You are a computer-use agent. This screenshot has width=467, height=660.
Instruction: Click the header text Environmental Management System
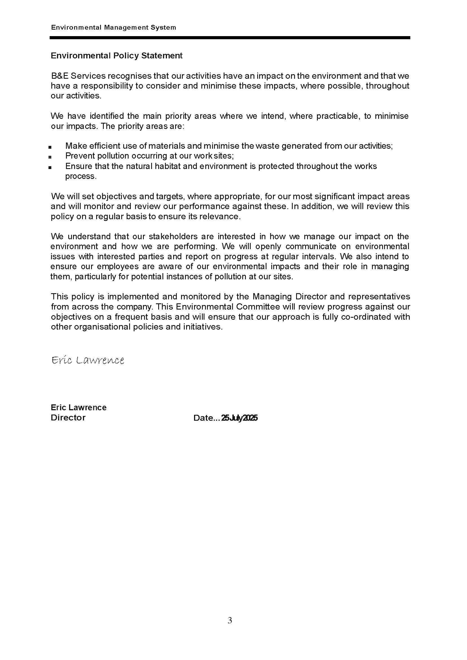(x=113, y=28)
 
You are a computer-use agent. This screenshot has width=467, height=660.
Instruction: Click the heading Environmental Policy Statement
(x=116, y=56)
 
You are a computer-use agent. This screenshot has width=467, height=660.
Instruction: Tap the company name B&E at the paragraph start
(x=60, y=76)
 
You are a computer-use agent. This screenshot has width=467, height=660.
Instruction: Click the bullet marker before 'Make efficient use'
(x=50, y=147)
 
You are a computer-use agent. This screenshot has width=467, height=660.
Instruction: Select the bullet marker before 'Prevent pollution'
(x=50, y=157)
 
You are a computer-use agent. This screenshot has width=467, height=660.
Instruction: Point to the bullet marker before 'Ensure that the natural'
(x=50, y=167)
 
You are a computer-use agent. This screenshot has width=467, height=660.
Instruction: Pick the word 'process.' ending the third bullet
(x=81, y=176)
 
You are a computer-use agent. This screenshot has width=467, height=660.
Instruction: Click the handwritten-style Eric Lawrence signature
(x=88, y=360)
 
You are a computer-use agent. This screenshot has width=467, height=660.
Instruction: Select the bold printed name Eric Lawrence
(x=78, y=407)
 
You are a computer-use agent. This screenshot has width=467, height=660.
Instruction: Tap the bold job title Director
(x=68, y=418)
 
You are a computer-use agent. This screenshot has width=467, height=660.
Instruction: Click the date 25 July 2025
(x=239, y=418)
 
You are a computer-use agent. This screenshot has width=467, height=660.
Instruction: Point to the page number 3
(x=230, y=620)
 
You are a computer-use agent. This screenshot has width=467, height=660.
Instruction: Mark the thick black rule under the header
(x=230, y=38)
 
